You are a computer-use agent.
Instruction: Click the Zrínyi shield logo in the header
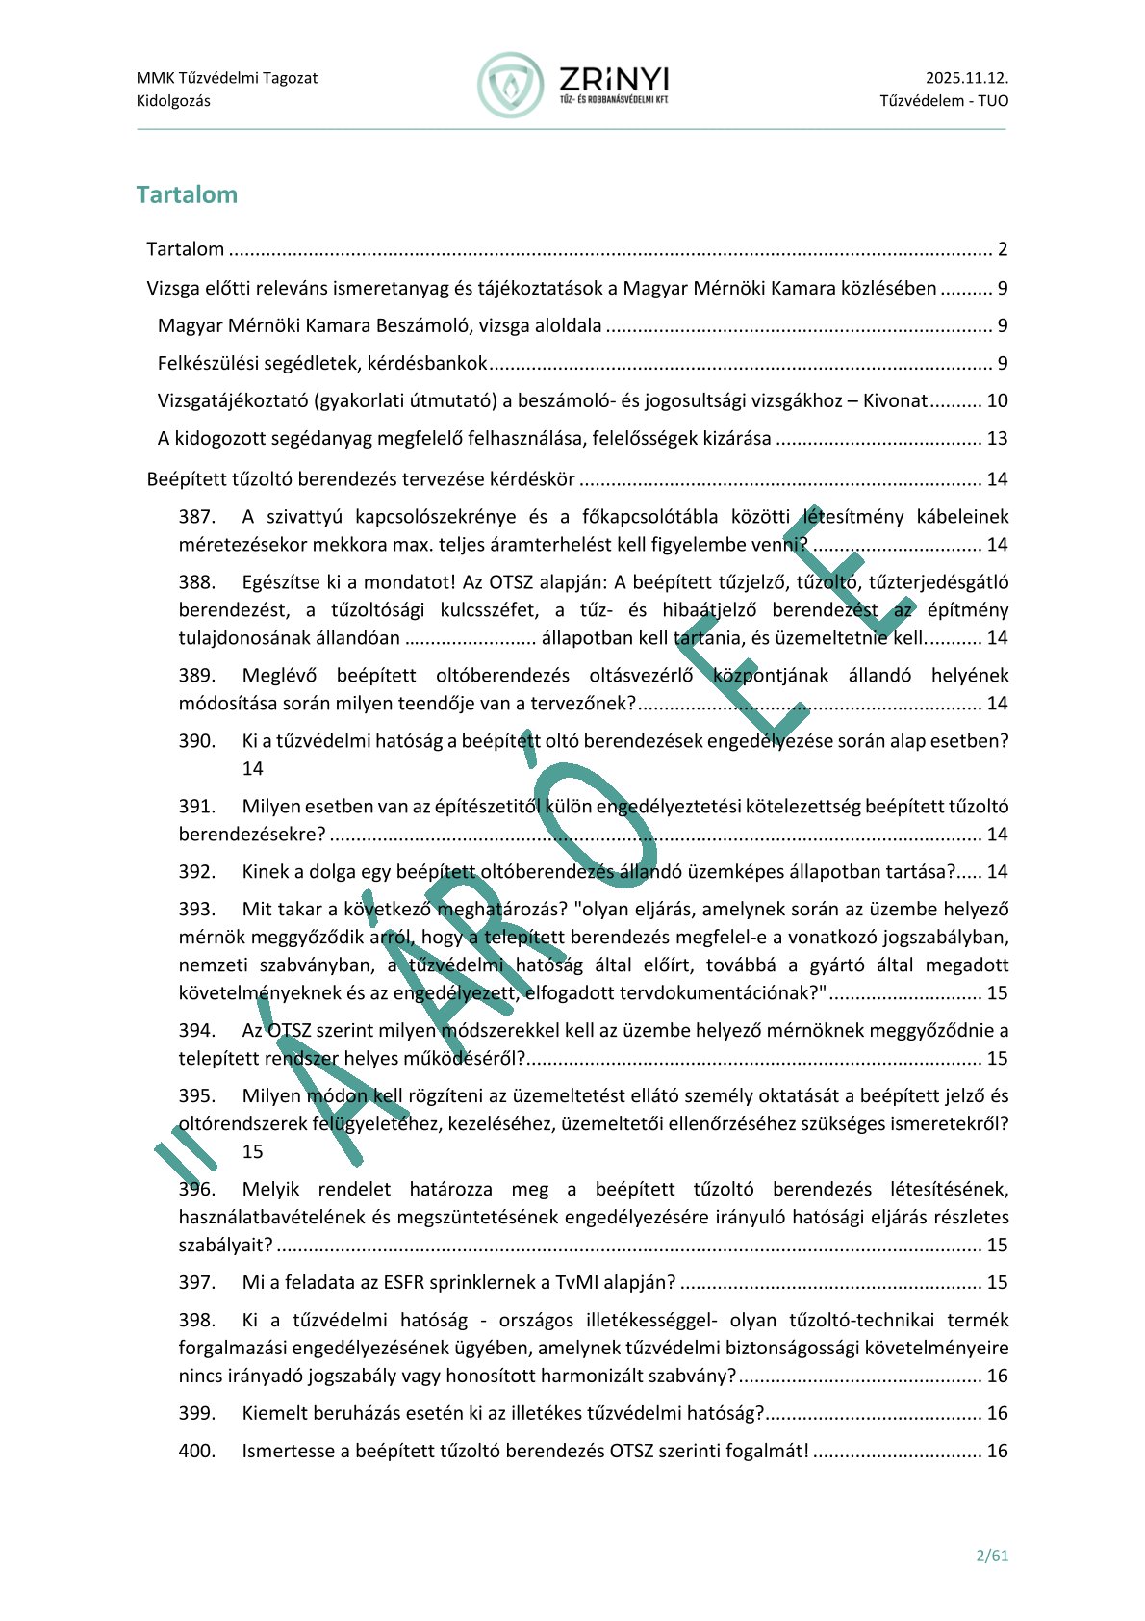(x=510, y=86)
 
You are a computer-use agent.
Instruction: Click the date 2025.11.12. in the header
(x=967, y=78)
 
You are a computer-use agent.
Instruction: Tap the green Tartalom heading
(x=187, y=194)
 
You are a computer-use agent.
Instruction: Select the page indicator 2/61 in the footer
(x=992, y=1555)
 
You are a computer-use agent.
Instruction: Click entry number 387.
(x=197, y=517)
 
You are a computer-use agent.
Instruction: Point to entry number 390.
(x=197, y=741)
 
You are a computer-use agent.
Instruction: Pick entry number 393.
(x=197, y=910)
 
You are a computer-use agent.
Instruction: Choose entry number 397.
(x=197, y=1283)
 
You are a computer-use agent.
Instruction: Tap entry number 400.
(x=197, y=1452)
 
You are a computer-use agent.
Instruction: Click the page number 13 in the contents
(x=997, y=439)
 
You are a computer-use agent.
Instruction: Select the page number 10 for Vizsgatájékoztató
(x=997, y=401)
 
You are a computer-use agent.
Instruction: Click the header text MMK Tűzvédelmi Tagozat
(x=227, y=78)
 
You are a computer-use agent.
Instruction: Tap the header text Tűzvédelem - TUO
(x=944, y=101)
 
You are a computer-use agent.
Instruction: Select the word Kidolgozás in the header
(x=173, y=101)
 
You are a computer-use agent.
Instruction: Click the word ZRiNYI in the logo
(x=614, y=79)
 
